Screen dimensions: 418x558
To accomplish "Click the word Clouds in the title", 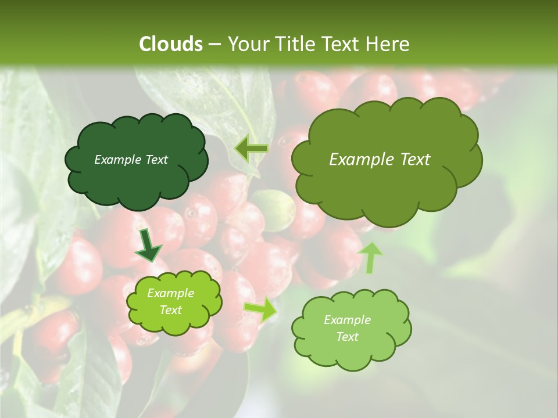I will point(171,44).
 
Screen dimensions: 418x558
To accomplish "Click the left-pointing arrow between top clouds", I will point(251,149).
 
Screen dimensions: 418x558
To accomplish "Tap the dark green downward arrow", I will point(149,246).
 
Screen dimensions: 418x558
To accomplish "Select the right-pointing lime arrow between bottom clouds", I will point(261,310).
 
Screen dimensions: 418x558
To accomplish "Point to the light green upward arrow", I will point(371,257).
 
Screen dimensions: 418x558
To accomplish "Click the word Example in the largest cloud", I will point(360,160).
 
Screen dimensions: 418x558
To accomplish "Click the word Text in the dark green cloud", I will point(156,160).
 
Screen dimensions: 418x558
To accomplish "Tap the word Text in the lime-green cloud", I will point(170,310).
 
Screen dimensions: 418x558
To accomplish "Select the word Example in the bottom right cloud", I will point(347,320).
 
